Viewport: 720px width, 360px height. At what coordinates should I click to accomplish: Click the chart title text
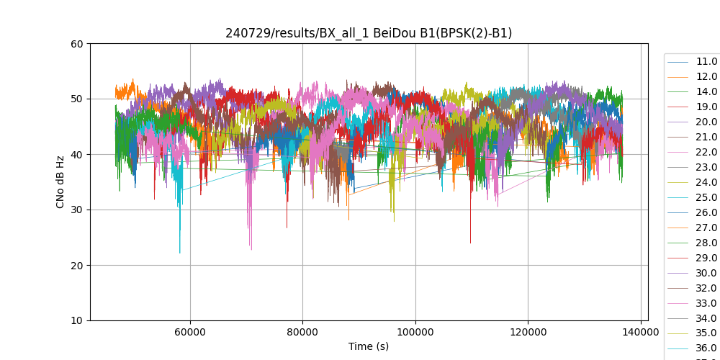coord(369,33)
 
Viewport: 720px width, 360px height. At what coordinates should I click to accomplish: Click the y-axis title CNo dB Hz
coord(60,182)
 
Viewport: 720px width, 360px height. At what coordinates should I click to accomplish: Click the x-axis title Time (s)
coord(369,346)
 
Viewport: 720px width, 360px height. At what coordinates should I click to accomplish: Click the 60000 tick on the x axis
coord(190,332)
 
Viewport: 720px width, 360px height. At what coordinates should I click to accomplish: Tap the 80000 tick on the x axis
coord(302,332)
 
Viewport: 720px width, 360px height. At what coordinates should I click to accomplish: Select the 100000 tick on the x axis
coord(415,332)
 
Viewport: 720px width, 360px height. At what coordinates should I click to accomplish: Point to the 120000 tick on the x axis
coord(528,332)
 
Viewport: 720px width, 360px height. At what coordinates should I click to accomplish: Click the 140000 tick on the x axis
coord(641,332)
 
